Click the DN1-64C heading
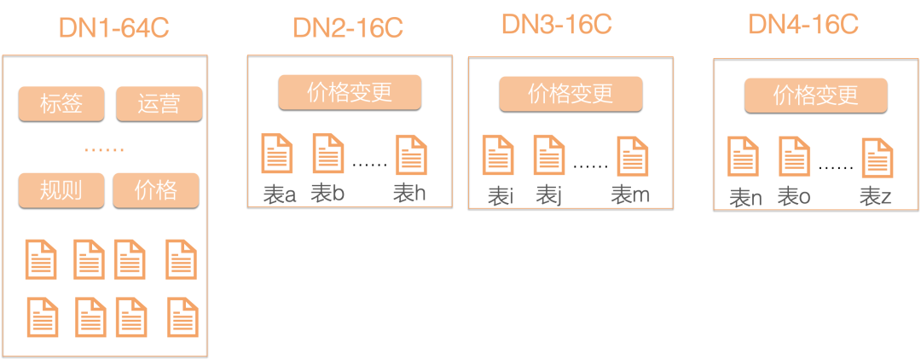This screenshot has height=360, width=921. tap(113, 27)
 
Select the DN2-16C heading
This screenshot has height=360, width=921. tap(347, 27)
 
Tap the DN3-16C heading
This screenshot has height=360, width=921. tap(557, 24)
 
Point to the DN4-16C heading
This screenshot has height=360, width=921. tap(802, 24)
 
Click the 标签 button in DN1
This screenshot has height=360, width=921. tap(61, 104)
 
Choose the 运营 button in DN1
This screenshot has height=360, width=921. tap(159, 104)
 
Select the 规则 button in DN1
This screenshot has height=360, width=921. tap(61, 189)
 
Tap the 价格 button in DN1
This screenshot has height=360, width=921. tap(156, 189)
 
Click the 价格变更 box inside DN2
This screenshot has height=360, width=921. tap(350, 92)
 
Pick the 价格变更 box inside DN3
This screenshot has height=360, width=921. tap(570, 93)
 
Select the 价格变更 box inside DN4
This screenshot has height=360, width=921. tap(816, 95)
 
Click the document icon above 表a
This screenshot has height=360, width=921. tap(277, 154)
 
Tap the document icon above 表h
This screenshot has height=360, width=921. tap(411, 155)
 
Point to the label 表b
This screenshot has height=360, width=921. tap(327, 194)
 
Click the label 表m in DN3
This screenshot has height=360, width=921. tap(630, 196)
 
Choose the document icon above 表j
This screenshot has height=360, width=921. tap(548, 155)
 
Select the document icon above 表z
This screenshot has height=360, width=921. tap(878, 158)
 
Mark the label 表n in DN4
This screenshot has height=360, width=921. tap(745, 198)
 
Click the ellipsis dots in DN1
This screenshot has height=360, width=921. tap(104, 150)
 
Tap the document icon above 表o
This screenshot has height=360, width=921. tap(794, 157)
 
